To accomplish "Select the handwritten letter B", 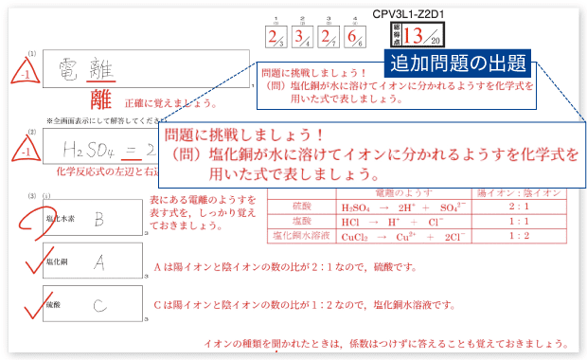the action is [98, 220].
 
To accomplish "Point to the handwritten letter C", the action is [99, 305].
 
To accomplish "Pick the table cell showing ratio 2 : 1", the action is [521, 205].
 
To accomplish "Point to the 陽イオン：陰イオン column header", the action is [521, 191].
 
